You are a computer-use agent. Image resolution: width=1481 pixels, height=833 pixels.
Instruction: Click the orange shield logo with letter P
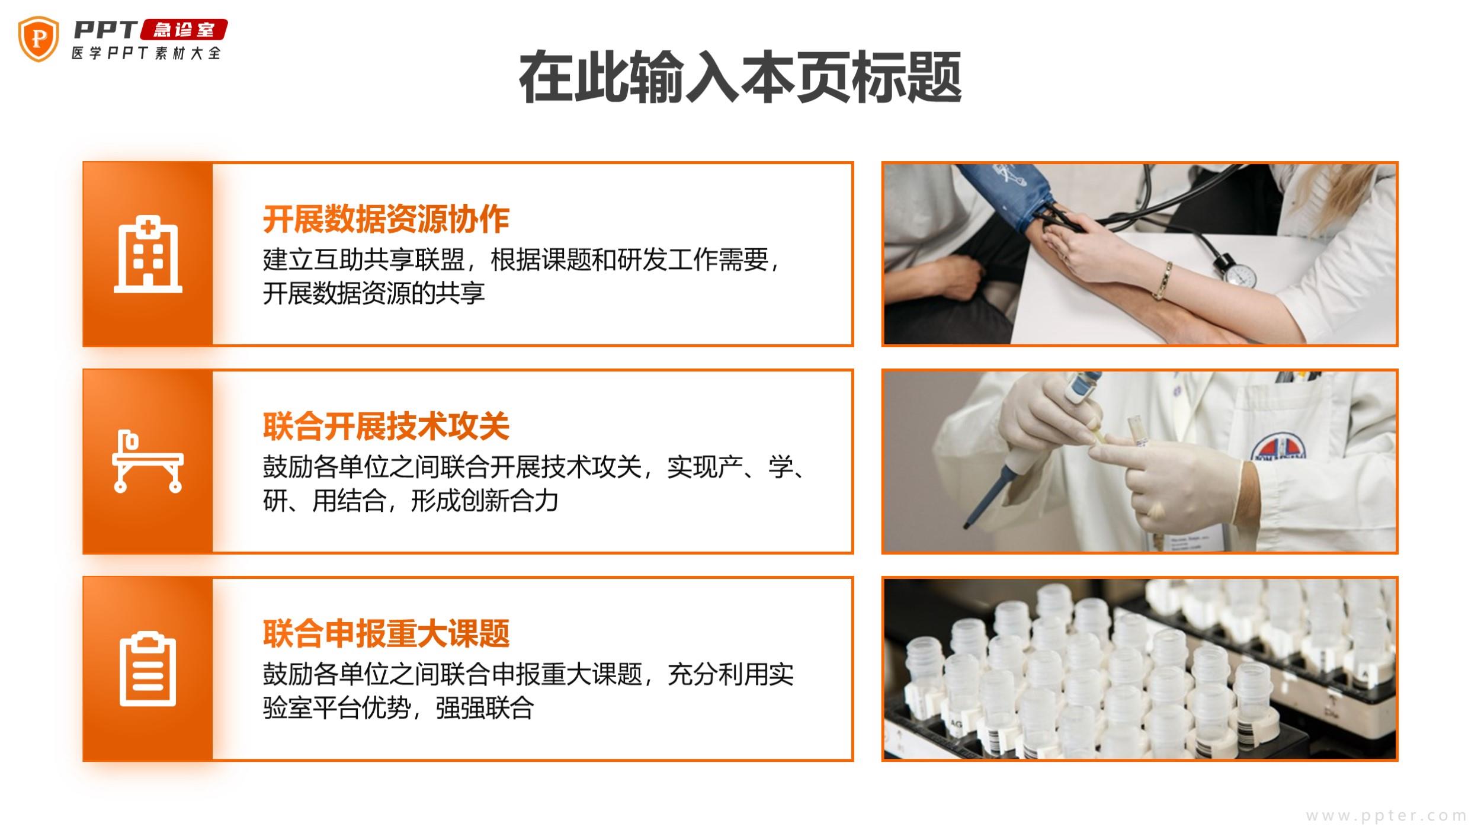tap(39, 39)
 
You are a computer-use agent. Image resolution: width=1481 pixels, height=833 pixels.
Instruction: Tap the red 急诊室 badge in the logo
tap(184, 30)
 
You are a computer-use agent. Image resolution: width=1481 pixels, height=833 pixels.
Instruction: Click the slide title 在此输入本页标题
tap(740, 78)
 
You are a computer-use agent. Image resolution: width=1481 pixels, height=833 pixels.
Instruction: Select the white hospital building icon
tap(148, 254)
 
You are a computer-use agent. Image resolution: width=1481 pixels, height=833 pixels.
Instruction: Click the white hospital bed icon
tap(148, 462)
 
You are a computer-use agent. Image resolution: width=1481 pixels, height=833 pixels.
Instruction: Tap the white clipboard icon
tap(148, 669)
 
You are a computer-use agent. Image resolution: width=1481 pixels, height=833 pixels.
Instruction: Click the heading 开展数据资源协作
tap(386, 219)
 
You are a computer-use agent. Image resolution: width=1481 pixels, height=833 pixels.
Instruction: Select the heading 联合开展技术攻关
tap(386, 427)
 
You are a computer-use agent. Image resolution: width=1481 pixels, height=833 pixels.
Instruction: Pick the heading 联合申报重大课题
tap(386, 633)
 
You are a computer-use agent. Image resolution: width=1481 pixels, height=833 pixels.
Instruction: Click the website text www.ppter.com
tap(1386, 816)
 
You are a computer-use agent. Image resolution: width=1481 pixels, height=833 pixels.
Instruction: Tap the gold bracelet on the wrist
tap(1163, 280)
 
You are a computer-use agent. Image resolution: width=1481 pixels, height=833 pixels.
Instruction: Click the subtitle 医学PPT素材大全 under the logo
tap(146, 53)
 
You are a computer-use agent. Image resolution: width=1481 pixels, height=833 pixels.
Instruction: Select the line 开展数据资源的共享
tap(374, 293)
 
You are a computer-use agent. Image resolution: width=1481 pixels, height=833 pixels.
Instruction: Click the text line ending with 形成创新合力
tap(411, 501)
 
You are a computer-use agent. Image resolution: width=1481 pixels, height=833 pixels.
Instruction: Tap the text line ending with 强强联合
tap(399, 708)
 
